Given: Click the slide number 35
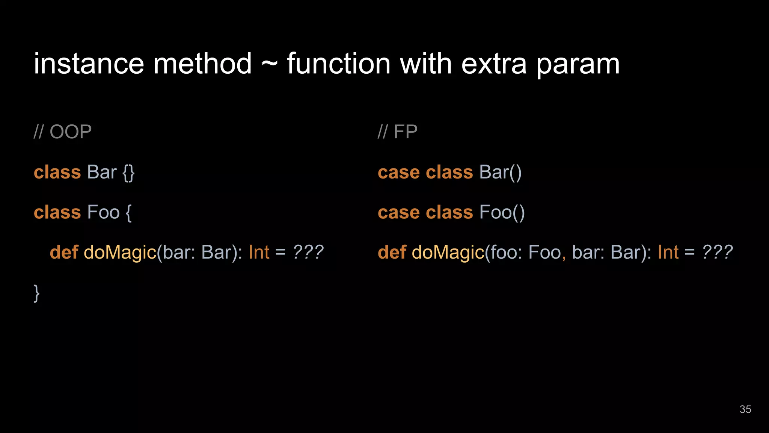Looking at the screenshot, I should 745,409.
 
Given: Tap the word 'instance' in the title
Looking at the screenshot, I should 89,64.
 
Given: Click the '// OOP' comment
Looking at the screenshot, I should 63,132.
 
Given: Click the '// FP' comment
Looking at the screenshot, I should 397,132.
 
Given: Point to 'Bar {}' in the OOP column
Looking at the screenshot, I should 110,173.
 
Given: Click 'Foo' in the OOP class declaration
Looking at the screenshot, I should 103,212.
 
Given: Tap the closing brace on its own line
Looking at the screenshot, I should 36,293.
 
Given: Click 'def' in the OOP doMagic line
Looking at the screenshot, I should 64,252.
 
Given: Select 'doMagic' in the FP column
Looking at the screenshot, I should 448,252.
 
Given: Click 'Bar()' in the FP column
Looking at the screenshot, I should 500,173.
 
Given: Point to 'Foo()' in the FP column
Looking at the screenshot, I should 502,212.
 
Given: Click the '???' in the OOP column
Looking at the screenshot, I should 308,252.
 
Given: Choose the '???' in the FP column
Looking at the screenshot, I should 717,252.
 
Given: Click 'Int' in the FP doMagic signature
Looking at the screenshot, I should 668,252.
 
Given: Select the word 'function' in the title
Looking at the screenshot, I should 339,64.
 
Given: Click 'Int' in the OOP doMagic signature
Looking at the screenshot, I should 259,252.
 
